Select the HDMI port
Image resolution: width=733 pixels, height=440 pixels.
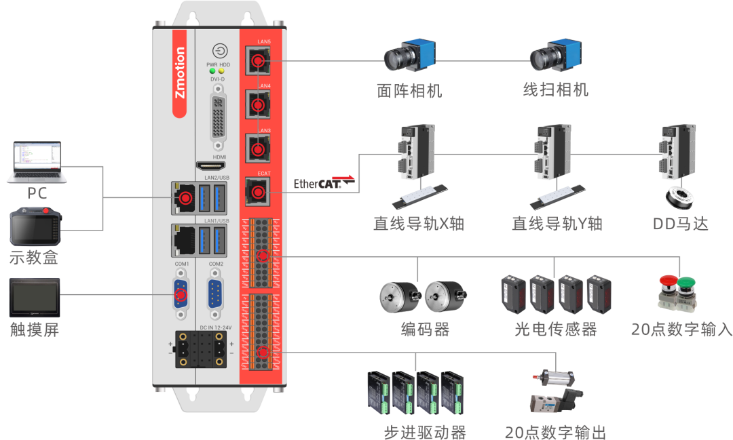tap(211, 166)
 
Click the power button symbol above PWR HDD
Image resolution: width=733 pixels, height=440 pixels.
tap(219, 51)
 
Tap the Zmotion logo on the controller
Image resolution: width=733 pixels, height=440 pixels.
tap(180, 73)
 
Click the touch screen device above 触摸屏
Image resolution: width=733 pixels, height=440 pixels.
tap(35, 296)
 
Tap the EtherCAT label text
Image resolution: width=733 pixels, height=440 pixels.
tap(316, 184)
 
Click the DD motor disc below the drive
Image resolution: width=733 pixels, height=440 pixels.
tap(680, 198)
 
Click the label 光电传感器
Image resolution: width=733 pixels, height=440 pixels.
tap(556, 329)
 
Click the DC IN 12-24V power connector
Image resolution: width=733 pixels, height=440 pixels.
tap(200, 351)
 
